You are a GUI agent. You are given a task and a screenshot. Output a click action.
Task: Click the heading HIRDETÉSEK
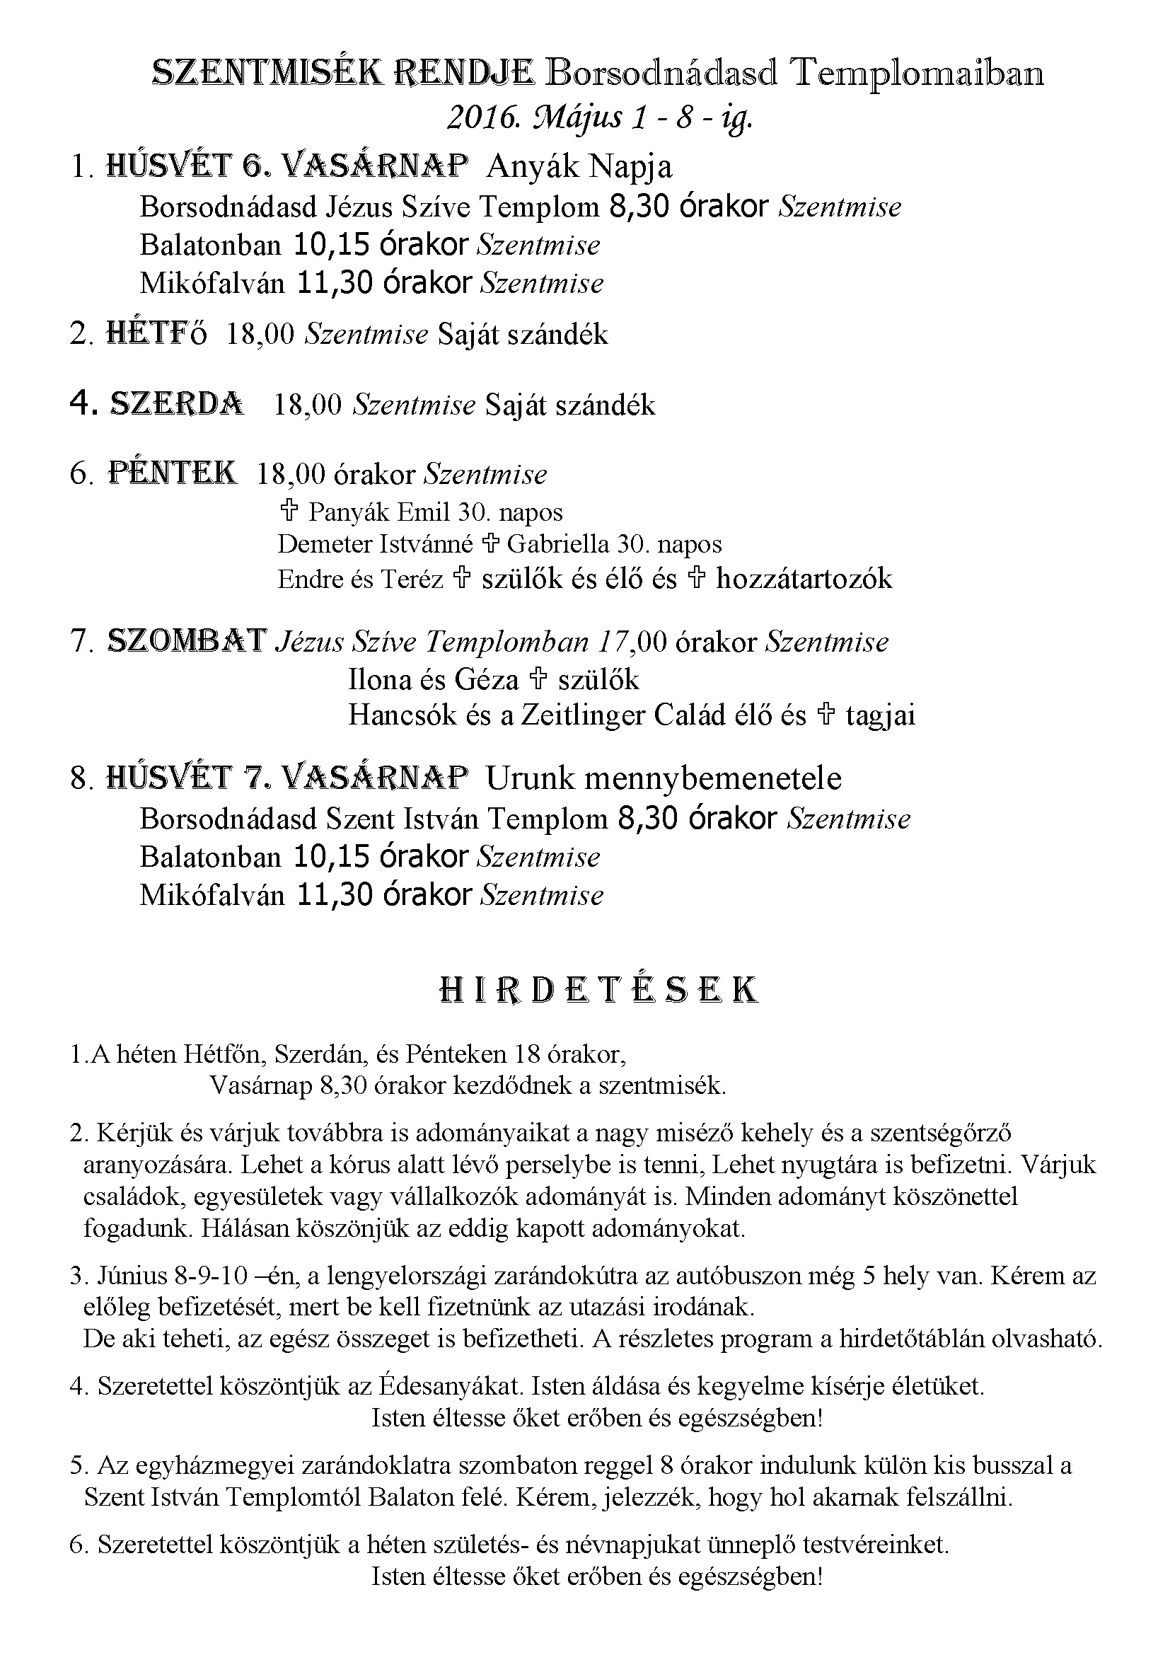pos(598,991)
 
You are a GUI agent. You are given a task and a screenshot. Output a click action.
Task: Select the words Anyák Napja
pos(579,166)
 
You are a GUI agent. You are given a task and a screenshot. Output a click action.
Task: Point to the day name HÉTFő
pos(156,334)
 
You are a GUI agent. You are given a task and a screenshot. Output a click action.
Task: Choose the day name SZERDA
pos(177,405)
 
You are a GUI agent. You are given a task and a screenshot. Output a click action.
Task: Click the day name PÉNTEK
pos(172,473)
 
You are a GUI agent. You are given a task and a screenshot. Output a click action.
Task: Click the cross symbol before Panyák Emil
pos(288,512)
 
